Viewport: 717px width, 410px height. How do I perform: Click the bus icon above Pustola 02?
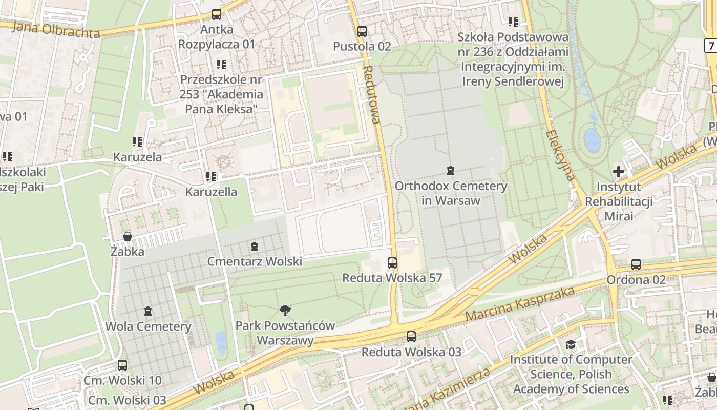pos(362,31)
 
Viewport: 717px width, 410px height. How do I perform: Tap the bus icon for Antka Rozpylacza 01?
pos(217,14)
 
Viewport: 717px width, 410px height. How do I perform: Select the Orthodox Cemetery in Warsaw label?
pos(451,193)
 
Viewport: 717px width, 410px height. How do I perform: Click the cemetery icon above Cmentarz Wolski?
pos(255,247)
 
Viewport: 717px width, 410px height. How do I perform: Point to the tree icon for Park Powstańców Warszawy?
pos(285,310)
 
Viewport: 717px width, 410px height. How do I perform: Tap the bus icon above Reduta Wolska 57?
pos(392,263)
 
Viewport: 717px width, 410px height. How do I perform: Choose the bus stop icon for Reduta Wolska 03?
pos(411,337)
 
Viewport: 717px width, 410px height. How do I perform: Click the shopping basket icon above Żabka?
pos(128,236)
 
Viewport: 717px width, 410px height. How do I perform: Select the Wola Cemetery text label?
pos(148,326)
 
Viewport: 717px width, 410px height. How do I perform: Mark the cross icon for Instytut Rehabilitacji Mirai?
pos(619,171)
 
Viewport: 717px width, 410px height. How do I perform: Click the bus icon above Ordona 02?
pos(636,264)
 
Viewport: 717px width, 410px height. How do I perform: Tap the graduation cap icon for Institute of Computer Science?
pos(571,344)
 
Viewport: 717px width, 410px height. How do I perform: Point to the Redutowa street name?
pos(372,95)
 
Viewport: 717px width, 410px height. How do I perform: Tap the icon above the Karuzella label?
pos(210,177)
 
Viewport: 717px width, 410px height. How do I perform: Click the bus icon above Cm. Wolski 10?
pos(122,365)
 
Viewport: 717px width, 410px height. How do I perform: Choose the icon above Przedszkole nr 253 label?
pos(221,65)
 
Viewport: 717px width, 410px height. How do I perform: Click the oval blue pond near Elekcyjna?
pos(593,140)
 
